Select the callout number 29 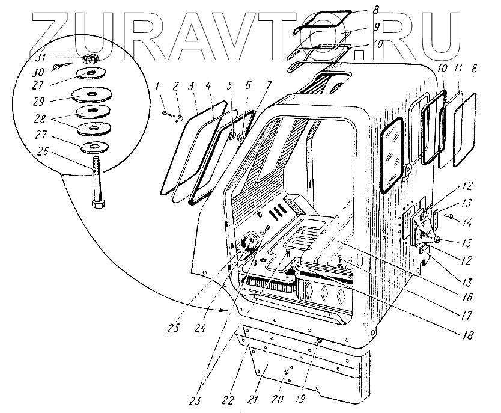41,97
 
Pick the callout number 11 458,71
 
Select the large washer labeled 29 91,96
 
